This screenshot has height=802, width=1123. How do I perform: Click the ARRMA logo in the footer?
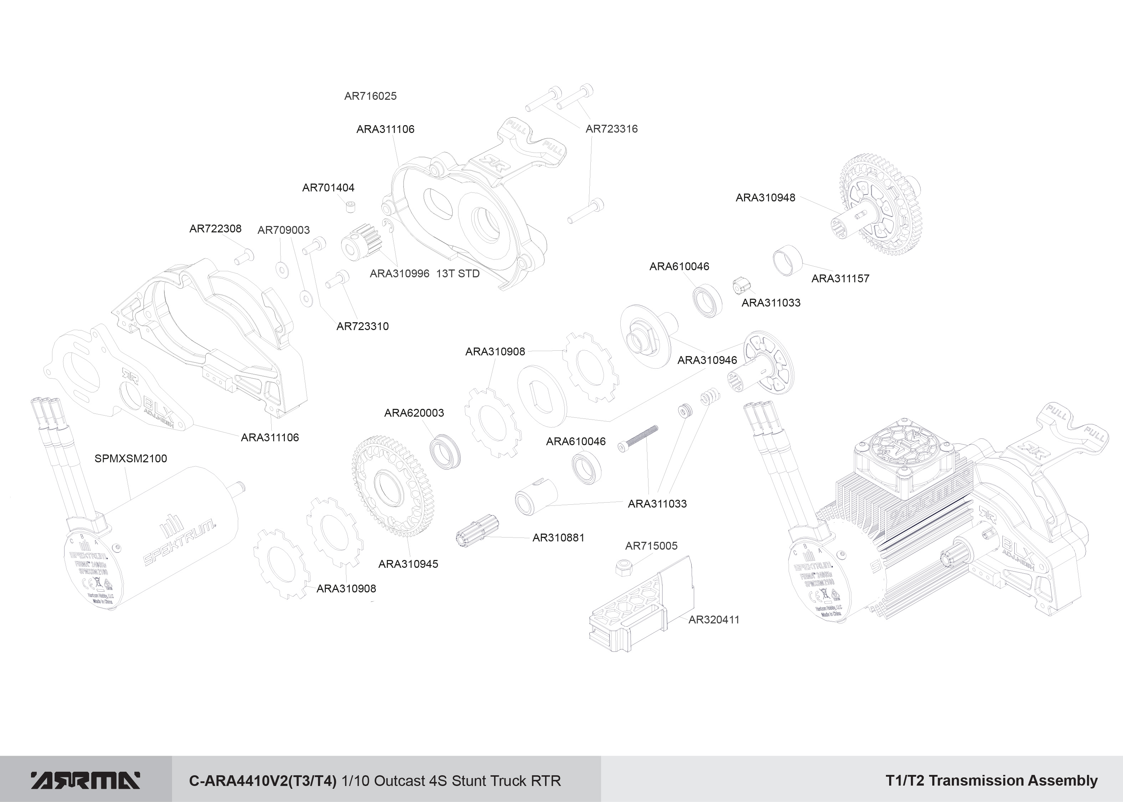[x=86, y=780]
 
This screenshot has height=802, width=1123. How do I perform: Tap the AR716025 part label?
[x=370, y=96]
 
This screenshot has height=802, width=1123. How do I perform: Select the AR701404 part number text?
[x=328, y=187]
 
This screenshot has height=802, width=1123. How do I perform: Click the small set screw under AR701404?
[x=351, y=206]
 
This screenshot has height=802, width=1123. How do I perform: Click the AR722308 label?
[x=215, y=228]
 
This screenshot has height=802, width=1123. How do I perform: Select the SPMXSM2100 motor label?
[x=130, y=458]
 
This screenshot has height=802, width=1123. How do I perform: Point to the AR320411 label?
[x=714, y=620]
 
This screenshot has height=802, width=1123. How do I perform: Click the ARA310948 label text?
[x=765, y=197]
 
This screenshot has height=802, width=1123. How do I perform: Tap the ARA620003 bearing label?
[x=414, y=413]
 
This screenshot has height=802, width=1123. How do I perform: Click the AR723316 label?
[x=611, y=129]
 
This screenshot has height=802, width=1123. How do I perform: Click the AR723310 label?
[x=363, y=327]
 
